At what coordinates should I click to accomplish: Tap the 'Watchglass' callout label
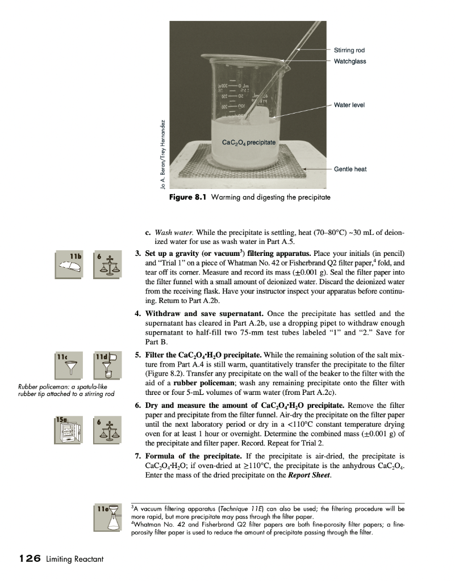pos(350,61)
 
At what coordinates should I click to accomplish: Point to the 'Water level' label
pos(349,105)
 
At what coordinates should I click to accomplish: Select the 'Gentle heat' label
pos(350,169)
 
